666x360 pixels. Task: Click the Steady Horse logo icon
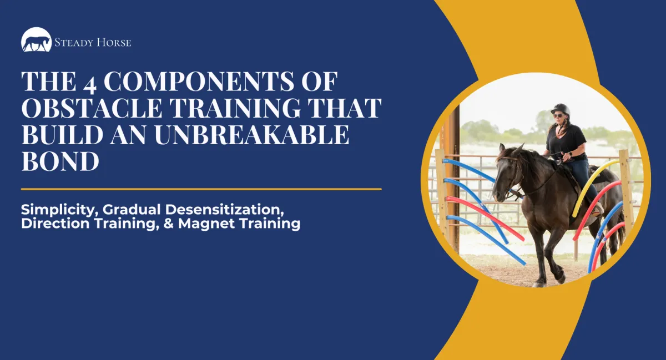(x=36, y=40)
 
